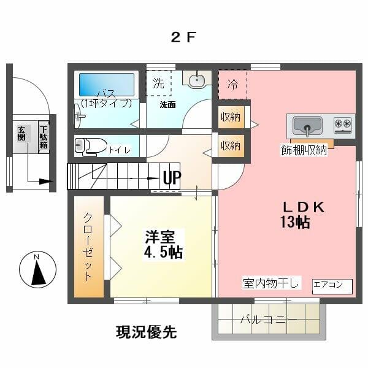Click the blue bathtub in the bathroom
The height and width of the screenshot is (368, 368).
click(x=107, y=85)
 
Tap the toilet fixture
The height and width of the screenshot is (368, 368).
click(x=90, y=147)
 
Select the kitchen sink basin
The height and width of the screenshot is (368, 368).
click(x=307, y=126)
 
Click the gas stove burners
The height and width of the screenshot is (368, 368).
click(x=343, y=125)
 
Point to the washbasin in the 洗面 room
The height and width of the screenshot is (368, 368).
click(x=197, y=79)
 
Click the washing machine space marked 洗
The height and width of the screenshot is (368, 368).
click(x=158, y=83)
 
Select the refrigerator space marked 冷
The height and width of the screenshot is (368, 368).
click(x=232, y=85)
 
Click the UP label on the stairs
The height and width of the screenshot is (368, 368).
click(x=172, y=178)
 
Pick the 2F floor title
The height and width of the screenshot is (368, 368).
click(x=183, y=37)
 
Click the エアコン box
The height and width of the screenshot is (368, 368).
click(x=332, y=286)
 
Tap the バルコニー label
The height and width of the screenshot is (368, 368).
click(x=269, y=320)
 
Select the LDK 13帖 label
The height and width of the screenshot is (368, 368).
click(x=303, y=215)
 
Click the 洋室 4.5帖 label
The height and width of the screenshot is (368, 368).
click(x=164, y=245)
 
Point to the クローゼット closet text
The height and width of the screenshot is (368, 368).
click(x=88, y=247)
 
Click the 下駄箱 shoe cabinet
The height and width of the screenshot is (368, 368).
click(x=44, y=137)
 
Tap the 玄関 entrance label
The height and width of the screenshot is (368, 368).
click(x=21, y=133)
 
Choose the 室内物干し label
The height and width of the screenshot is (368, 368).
click(x=271, y=283)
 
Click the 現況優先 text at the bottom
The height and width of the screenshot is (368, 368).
click(x=147, y=332)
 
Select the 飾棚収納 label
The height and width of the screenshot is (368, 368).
click(x=304, y=150)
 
